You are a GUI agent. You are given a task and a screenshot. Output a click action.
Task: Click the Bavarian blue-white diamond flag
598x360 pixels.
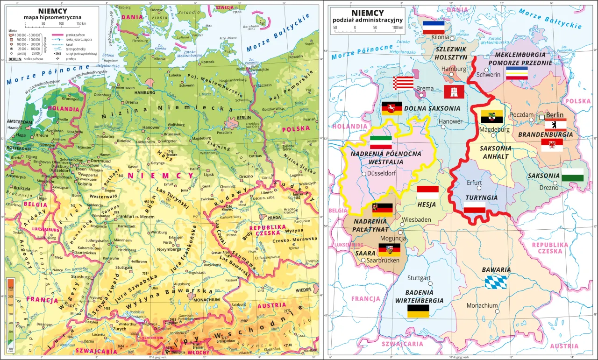[495, 282]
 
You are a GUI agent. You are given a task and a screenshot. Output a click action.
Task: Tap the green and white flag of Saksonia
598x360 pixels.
[572, 175]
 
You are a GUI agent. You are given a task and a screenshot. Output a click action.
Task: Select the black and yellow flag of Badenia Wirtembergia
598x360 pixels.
[418, 311]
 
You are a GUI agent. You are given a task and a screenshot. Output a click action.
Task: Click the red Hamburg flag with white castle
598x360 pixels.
[454, 92]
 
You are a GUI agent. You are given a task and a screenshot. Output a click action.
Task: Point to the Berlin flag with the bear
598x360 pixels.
[555, 125]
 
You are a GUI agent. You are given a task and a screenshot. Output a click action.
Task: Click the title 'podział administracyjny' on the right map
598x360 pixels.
[367, 20]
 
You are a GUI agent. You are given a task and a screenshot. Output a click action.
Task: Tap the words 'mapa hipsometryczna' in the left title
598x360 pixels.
[52, 18]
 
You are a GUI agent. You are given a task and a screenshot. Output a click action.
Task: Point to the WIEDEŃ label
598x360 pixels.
[303, 290]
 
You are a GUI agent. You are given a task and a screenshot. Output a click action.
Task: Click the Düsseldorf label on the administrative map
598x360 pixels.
[382, 173]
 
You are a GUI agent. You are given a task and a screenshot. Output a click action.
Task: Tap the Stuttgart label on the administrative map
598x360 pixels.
[419, 278]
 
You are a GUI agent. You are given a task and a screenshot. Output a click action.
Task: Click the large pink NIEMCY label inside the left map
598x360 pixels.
[161, 176]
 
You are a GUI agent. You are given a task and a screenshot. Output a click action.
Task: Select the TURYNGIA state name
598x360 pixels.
[481, 198]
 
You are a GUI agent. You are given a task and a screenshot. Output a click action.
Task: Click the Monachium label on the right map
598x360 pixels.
[482, 306]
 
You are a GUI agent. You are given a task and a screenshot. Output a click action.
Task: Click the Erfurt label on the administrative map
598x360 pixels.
[474, 183]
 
